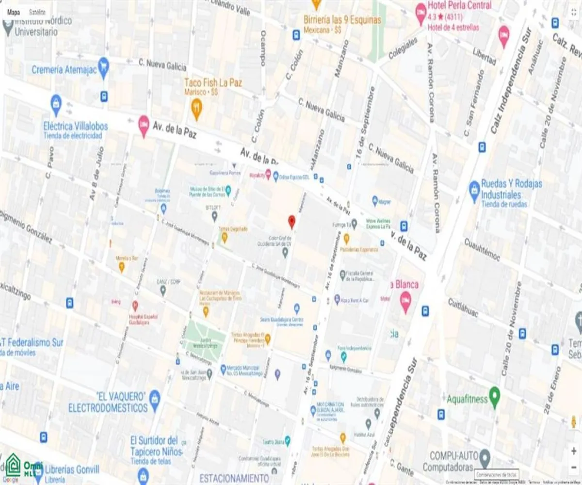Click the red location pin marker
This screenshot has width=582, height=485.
(291, 221)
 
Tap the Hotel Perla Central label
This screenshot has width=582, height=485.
(459, 6)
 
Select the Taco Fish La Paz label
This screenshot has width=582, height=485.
(213, 83)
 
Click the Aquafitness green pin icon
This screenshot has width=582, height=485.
(494, 397)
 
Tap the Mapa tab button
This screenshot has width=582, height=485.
(14, 13)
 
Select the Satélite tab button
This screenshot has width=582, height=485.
(37, 13)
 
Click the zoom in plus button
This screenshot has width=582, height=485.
(573, 451)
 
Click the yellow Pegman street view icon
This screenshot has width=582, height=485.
(573, 421)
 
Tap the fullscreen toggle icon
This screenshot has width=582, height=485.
(573, 13)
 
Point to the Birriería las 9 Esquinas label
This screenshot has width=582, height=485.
(342, 20)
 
